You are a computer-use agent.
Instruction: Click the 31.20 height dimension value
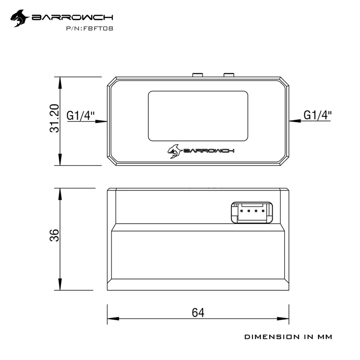[x=54, y=118]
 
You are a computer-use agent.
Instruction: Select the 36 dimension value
[x=54, y=235]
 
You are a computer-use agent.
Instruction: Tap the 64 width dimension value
[x=198, y=312]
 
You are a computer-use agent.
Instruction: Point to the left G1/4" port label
[x=81, y=116]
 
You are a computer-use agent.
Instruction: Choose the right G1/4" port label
[x=318, y=115]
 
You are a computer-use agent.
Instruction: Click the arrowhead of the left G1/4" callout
[x=101, y=121]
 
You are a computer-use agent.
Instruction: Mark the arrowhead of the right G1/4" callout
[x=295, y=121]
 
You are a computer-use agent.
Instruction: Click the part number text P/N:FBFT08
[x=90, y=28]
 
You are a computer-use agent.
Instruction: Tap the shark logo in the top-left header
[x=20, y=18]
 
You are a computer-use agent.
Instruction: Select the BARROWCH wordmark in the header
[x=72, y=18]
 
